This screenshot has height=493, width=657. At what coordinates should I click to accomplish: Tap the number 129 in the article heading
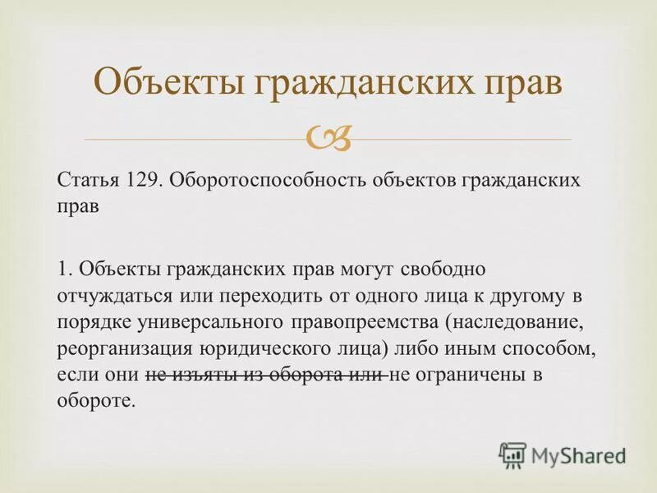[x=140, y=180]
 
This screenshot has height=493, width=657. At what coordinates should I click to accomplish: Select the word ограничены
[x=466, y=376]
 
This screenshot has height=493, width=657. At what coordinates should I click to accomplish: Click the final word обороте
[x=94, y=403]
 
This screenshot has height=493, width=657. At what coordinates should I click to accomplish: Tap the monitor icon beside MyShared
[x=512, y=454]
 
